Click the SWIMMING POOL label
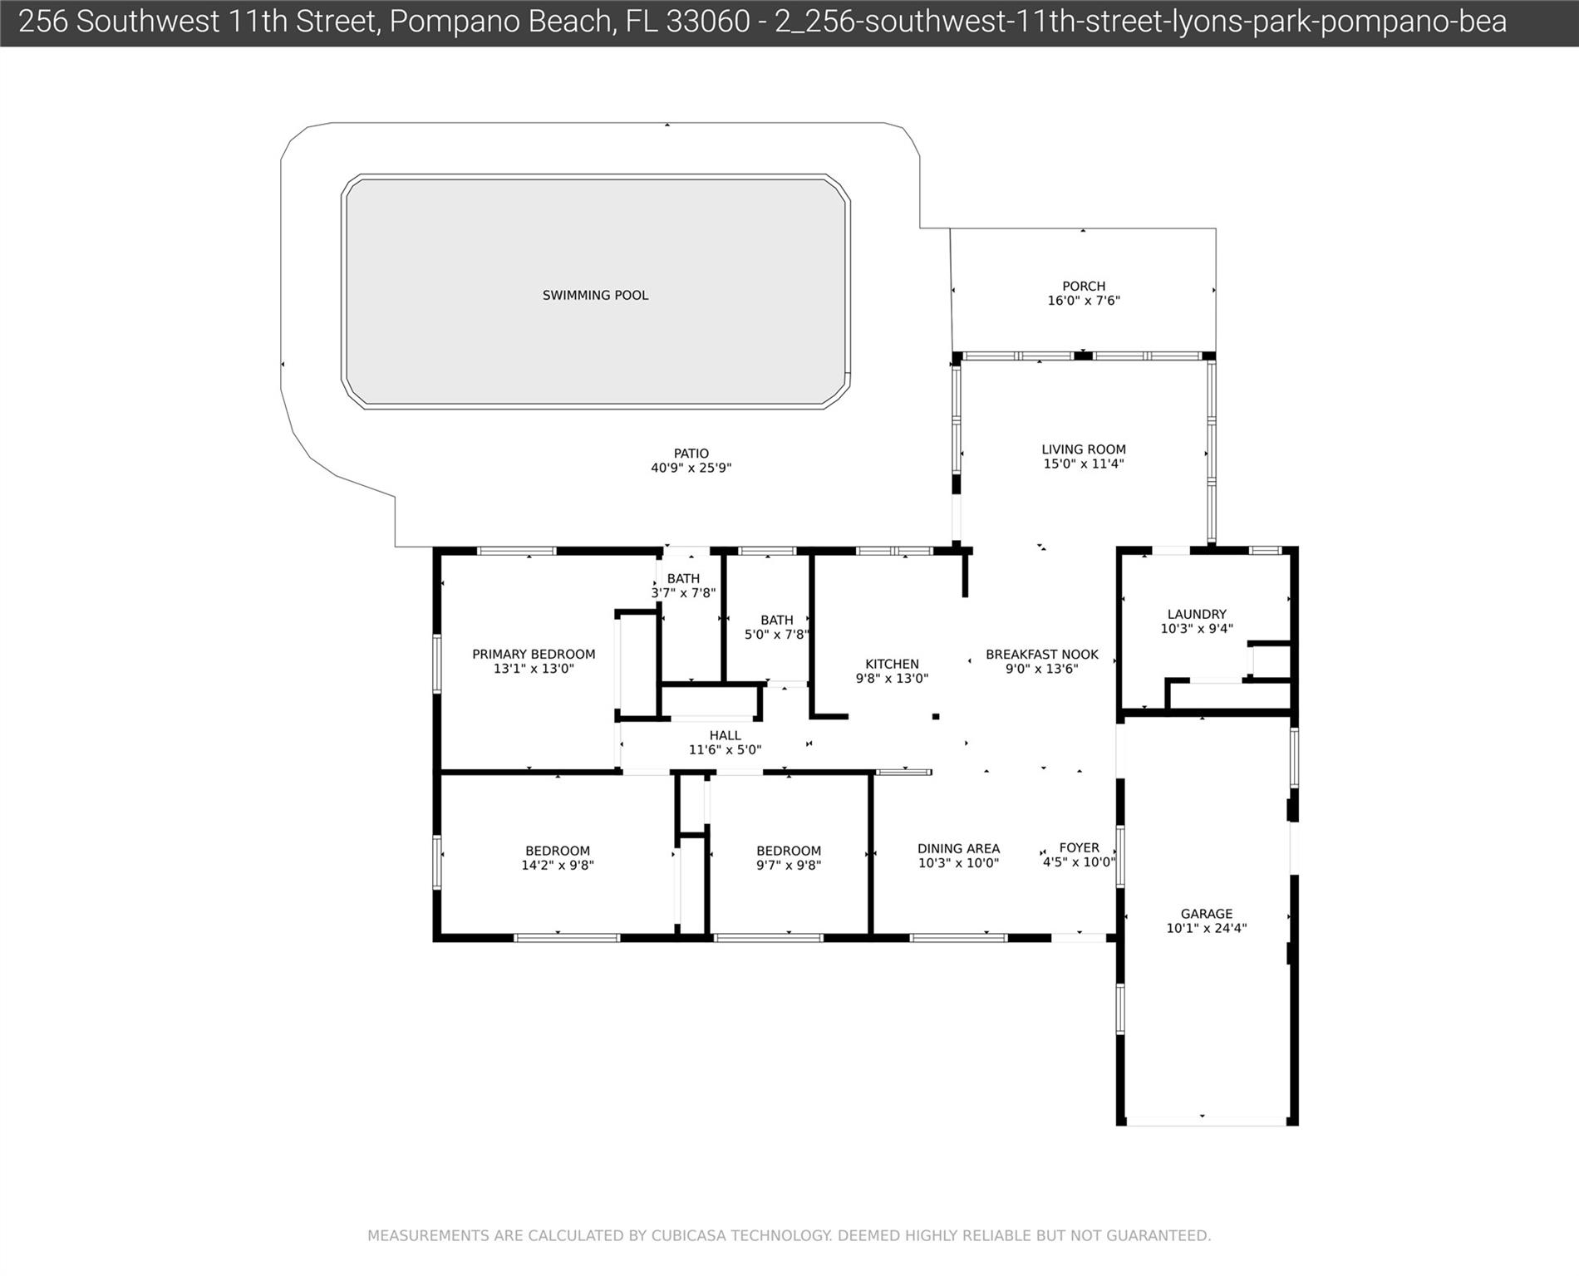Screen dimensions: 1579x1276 (x=595, y=295)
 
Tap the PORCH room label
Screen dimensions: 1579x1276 (x=1084, y=286)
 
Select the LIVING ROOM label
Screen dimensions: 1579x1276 (x=1084, y=449)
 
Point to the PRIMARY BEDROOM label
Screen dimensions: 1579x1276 (x=534, y=654)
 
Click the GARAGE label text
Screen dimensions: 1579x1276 (x=1207, y=914)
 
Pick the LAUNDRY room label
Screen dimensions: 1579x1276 (x=1197, y=615)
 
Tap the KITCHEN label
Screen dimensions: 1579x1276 (x=892, y=664)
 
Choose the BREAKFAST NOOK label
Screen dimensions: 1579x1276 (x=1042, y=655)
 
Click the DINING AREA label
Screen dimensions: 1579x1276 (x=958, y=848)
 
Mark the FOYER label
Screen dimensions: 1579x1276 (x=1080, y=847)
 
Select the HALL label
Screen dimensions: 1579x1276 (x=725, y=735)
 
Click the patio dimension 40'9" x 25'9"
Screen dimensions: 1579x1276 (x=691, y=468)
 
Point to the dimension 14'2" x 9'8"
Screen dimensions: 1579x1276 (x=557, y=865)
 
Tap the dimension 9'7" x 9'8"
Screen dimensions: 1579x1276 (x=789, y=865)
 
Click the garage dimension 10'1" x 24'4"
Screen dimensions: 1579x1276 (x=1207, y=928)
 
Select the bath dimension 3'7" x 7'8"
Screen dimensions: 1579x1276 (x=683, y=593)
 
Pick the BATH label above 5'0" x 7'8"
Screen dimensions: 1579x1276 (x=776, y=620)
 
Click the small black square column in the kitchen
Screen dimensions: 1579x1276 (x=936, y=716)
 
